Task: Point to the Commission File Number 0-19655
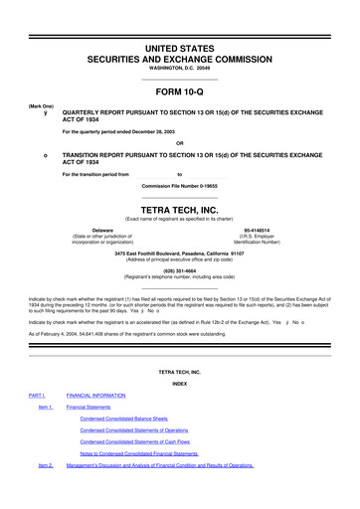179,186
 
